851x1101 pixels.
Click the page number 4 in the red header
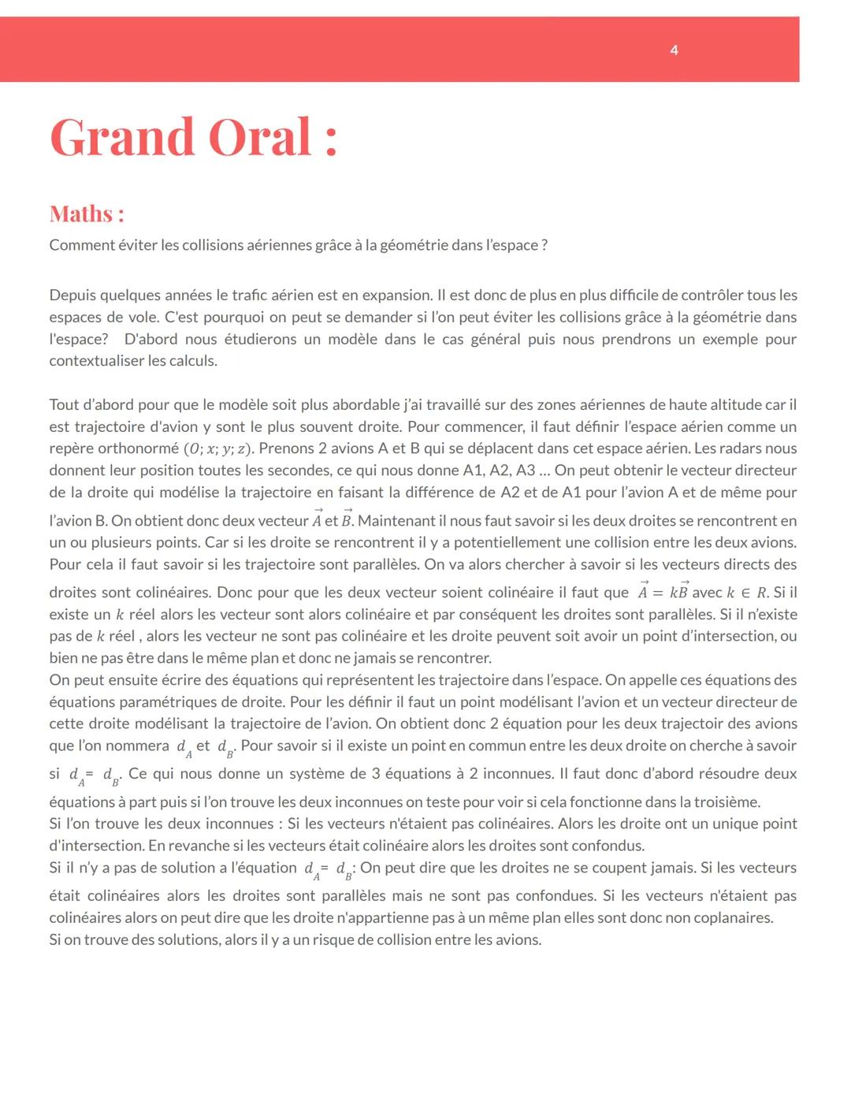(674, 50)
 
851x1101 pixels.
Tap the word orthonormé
(138, 448)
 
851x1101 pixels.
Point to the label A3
(526, 471)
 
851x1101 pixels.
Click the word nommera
(136, 746)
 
